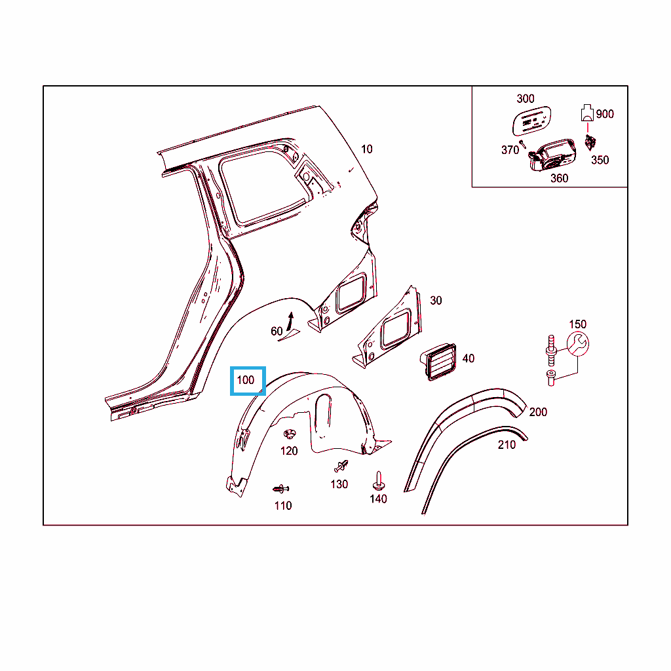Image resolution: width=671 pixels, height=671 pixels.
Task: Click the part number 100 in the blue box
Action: (x=246, y=380)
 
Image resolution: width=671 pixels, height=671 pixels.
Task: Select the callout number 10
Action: (x=367, y=149)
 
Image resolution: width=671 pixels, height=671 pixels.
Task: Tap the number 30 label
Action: (x=436, y=300)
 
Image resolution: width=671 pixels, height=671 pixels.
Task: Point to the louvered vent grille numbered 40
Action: (x=438, y=362)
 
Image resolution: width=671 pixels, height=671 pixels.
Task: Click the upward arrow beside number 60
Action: (x=290, y=321)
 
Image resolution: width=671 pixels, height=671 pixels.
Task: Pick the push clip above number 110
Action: (x=280, y=489)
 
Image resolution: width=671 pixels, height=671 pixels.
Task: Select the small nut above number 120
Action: (x=290, y=434)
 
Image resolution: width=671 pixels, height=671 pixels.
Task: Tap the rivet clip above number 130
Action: (x=341, y=466)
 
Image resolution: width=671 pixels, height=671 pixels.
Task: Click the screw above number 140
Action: (x=378, y=481)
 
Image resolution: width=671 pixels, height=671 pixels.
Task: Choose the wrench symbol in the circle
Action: (x=578, y=343)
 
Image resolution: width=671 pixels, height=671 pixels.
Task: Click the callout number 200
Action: (x=538, y=412)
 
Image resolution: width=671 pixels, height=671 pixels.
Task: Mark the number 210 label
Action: (x=507, y=445)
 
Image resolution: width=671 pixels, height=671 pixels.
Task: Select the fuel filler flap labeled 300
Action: (x=531, y=121)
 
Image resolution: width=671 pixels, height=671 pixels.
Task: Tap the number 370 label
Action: (x=510, y=150)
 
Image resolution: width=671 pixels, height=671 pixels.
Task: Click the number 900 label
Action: (x=605, y=114)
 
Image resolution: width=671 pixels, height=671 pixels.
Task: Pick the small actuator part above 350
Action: (x=590, y=142)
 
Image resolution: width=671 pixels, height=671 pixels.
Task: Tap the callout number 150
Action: (x=578, y=324)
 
